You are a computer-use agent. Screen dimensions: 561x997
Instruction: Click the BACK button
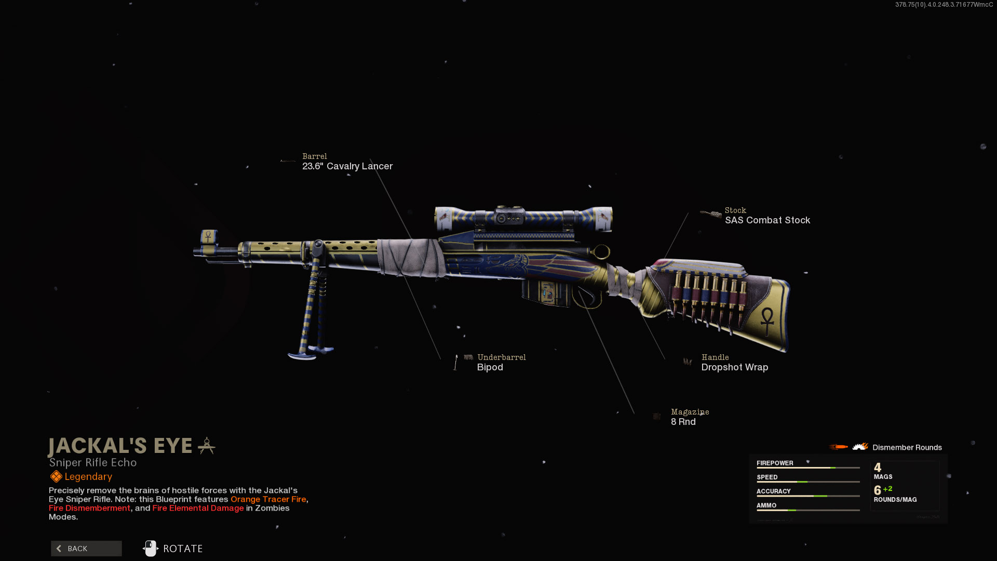(x=86, y=549)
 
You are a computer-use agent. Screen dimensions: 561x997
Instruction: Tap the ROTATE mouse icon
(x=151, y=549)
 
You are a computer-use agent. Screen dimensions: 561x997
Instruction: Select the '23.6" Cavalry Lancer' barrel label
(x=347, y=166)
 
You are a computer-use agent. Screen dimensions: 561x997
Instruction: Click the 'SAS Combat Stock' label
(x=767, y=220)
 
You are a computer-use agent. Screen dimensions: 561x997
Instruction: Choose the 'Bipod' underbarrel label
(x=490, y=367)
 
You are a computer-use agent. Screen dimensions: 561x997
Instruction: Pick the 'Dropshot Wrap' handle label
(x=734, y=367)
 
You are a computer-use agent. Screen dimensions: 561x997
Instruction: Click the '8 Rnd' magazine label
(x=683, y=422)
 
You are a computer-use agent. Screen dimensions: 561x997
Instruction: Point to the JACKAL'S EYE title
(x=120, y=446)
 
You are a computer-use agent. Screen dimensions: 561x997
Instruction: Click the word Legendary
(x=88, y=477)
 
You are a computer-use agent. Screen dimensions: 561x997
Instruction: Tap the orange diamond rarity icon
(x=56, y=477)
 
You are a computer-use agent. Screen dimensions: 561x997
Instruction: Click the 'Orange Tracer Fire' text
(x=268, y=499)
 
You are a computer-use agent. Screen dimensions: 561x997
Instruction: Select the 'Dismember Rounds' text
(x=907, y=448)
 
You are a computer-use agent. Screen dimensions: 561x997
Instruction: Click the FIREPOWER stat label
(x=775, y=463)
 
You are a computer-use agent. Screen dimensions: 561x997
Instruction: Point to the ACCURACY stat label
(x=773, y=491)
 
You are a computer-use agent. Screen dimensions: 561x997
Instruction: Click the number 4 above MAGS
(x=878, y=468)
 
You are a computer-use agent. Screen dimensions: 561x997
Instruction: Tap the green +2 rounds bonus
(x=887, y=489)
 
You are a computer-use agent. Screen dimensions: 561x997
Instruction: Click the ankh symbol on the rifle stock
(x=767, y=320)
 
